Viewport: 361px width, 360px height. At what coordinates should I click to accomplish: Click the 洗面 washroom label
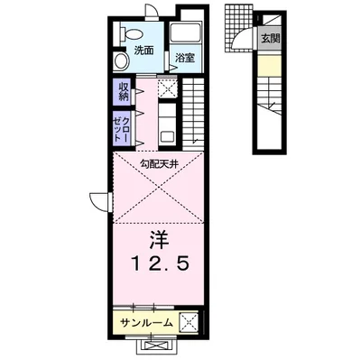pyautogui.click(x=143, y=50)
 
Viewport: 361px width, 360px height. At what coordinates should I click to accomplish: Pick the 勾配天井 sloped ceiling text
pyautogui.click(x=158, y=162)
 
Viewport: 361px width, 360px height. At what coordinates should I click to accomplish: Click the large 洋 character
pyautogui.click(x=157, y=241)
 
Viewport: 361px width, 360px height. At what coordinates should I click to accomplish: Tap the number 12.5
pyautogui.click(x=157, y=267)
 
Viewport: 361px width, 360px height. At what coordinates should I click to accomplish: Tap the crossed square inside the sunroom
pyautogui.click(x=189, y=321)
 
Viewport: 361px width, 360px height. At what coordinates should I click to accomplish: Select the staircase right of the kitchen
pyautogui.click(x=194, y=113)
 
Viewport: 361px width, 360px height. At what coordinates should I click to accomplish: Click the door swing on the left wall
pyautogui.click(x=100, y=200)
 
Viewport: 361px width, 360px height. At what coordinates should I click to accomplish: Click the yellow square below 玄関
pyautogui.click(x=269, y=67)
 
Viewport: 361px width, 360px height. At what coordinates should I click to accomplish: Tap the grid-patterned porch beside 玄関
pyautogui.click(x=237, y=20)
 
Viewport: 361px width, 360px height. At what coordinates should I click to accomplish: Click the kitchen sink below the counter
pyautogui.click(x=165, y=136)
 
